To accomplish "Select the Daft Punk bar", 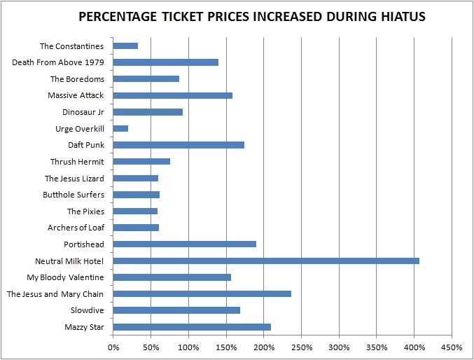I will pos(179,145).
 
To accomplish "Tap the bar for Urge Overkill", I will pos(120,128).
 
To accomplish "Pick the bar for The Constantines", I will pos(125,46).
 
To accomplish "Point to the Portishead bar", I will pos(184,244).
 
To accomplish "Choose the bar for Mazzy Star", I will pos(192,326).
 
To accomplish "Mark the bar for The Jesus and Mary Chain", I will pos(202,293).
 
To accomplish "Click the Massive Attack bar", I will pos(172,95).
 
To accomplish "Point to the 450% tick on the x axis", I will pos(452,347).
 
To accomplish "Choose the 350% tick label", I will pos(377,347).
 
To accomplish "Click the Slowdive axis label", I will pos(87,310).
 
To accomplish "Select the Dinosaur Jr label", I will pos(83,112).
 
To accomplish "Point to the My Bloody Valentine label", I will pos(65,277).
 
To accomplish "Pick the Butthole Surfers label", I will pos(74,195).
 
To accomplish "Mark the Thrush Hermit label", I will pos(77,162).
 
